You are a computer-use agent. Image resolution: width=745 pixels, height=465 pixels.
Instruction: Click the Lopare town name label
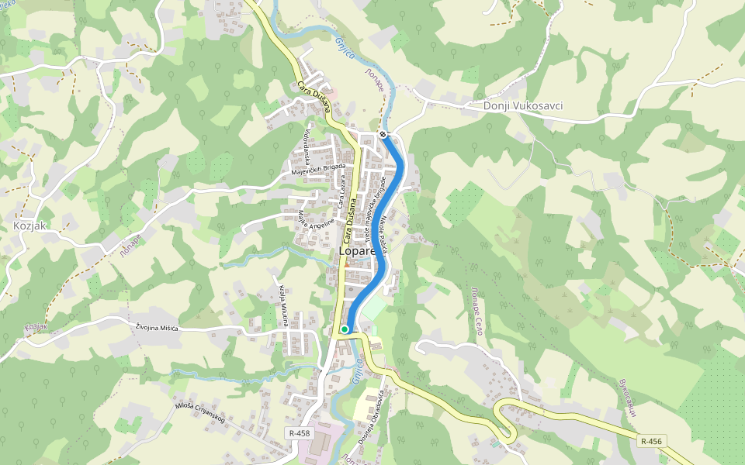point(357,252)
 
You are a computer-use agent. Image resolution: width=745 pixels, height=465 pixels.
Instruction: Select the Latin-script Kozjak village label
point(29,226)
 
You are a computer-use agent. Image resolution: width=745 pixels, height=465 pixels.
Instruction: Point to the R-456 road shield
point(651,440)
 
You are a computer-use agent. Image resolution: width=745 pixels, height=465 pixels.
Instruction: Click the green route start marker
point(345,329)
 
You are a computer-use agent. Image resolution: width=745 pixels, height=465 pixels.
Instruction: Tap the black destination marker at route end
point(383,135)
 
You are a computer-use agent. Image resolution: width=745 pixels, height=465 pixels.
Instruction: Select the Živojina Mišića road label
point(157,328)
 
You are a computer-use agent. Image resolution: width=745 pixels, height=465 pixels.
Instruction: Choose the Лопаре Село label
point(476,307)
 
